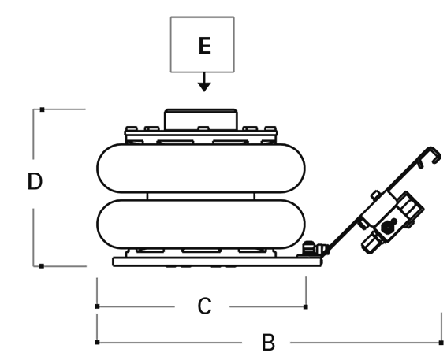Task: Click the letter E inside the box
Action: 204,46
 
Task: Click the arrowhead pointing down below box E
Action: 204,87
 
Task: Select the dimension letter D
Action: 35,181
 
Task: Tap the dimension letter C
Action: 204,306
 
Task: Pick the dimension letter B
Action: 268,343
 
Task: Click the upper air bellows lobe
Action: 201,168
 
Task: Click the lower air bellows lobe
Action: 201,225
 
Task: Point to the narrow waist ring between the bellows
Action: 201,196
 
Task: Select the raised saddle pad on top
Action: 201,119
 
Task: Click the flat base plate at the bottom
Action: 218,262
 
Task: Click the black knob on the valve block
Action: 389,226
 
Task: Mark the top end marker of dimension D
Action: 43,109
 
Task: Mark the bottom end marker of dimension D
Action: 42,266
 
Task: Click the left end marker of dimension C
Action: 97,306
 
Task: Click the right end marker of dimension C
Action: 306,306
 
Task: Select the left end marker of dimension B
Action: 97,342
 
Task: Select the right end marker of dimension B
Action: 441,343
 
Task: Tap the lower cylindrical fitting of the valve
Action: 371,242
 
